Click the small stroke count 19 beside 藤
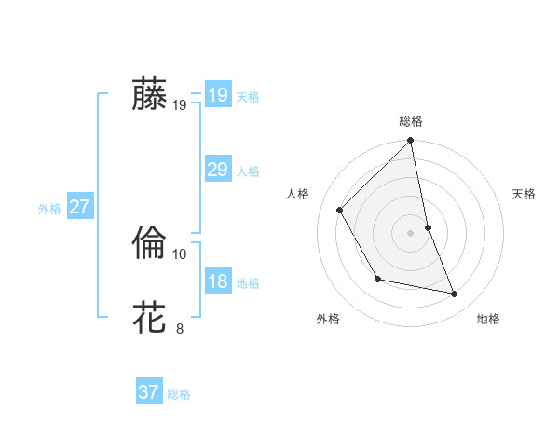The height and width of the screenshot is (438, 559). (180, 105)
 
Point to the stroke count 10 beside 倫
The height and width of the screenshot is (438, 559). (180, 253)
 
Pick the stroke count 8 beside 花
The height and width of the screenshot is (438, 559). (180, 328)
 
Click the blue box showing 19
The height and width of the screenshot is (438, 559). (217, 95)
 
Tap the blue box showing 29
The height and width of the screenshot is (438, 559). (217, 170)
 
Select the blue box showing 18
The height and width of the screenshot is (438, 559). (217, 281)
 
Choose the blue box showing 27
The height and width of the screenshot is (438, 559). (79, 207)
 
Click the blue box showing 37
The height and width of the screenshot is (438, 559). (148, 392)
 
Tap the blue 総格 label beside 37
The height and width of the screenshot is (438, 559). (179, 394)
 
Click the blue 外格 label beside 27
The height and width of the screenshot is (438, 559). (49, 209)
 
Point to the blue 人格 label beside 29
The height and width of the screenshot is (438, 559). (248, 171)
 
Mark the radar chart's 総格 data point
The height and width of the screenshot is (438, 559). (411, 142)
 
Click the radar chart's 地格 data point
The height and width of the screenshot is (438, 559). (455, 294)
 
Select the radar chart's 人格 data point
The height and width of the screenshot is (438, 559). (339, 210)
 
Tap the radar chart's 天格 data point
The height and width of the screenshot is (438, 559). (428, 227)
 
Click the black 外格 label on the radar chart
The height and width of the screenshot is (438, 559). (328, 319)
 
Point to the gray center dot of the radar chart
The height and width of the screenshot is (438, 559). (411, 233)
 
